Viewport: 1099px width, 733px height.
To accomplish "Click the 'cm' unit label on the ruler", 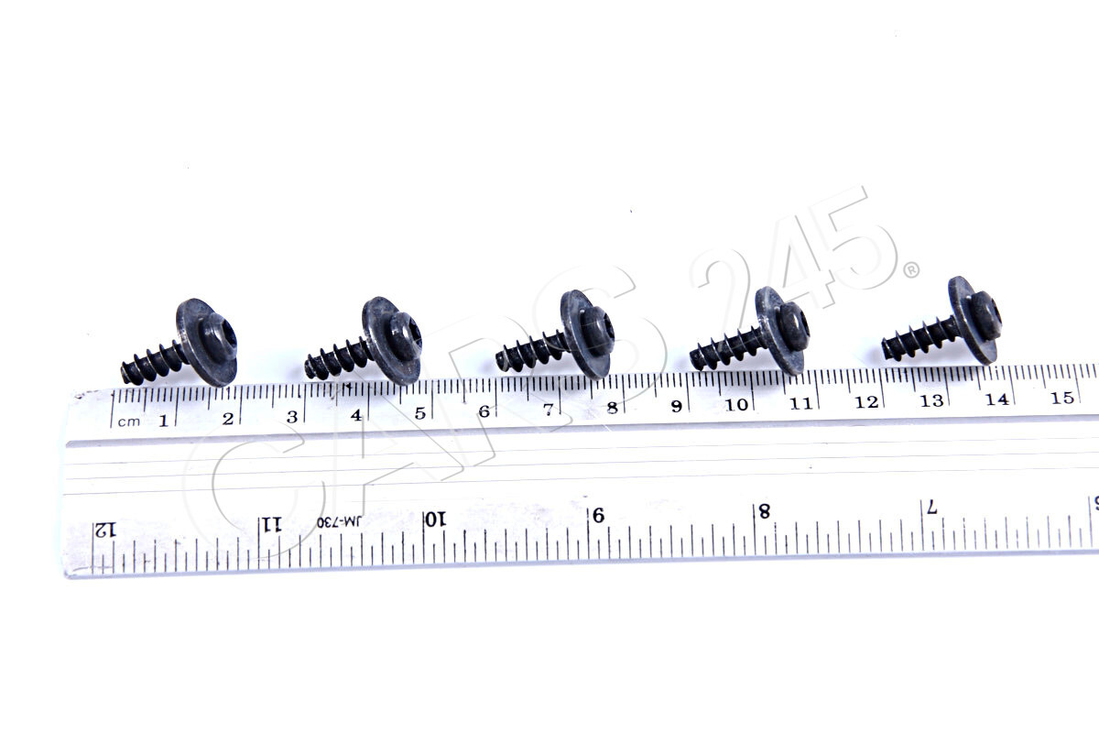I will coord(129,421).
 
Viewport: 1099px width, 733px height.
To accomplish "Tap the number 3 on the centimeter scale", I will coord(291,417).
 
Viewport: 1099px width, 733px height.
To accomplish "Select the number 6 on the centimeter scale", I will coord(483,411).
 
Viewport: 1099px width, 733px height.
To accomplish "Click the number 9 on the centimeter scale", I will coord(676,407).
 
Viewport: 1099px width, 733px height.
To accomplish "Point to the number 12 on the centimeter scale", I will coord(865,402).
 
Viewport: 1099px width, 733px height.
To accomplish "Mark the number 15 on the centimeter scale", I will coord(1062,399).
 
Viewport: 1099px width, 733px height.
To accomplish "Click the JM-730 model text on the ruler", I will coord(340,521).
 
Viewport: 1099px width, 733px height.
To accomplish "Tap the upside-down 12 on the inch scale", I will coord(105,530).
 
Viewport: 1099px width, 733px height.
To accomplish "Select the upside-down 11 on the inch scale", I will coord(272,524).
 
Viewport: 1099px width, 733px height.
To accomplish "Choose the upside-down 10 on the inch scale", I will coord(435,519).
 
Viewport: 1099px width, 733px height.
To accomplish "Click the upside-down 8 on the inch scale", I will coord(762,510).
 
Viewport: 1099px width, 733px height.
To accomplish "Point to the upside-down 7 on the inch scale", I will coord(931,507).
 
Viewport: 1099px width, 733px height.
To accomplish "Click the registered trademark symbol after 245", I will coord(911,270).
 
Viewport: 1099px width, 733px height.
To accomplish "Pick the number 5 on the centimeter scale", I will coord(419,413).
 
